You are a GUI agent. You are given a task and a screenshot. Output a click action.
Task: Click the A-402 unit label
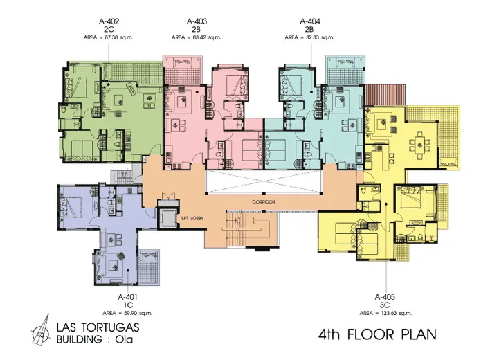click(109, 21)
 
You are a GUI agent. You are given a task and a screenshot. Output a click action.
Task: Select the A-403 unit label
click(197, 21)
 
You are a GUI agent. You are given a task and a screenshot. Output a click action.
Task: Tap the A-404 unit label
click(310, 21)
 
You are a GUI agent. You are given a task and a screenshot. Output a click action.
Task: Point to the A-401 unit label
click(127, 297)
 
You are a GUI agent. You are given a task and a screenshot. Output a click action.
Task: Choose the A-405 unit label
click(385, 297)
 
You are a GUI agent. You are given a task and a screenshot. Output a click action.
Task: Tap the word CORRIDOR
click(264, 202)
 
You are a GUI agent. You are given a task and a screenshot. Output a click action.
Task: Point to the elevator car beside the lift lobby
click(167, 217)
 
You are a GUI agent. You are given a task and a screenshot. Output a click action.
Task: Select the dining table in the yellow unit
click(419, 144)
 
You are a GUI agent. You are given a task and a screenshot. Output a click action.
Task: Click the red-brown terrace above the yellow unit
click(385, 95)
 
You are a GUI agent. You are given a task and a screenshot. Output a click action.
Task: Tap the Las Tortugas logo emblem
click(41, 330)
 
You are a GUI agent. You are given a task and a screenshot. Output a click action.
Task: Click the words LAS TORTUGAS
click(98, 327)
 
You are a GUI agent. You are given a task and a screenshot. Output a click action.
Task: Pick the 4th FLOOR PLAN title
click(377, 334)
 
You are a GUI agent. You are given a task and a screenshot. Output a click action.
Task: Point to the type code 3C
click(385, 305)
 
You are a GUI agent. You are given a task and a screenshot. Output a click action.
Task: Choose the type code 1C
click(128, 305)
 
